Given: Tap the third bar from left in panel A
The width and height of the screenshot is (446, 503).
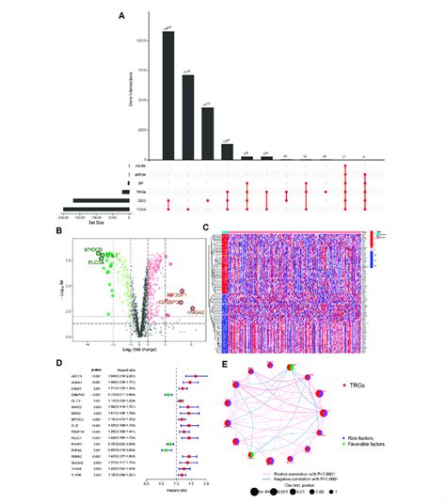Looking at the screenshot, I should (x=209, y=133).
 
